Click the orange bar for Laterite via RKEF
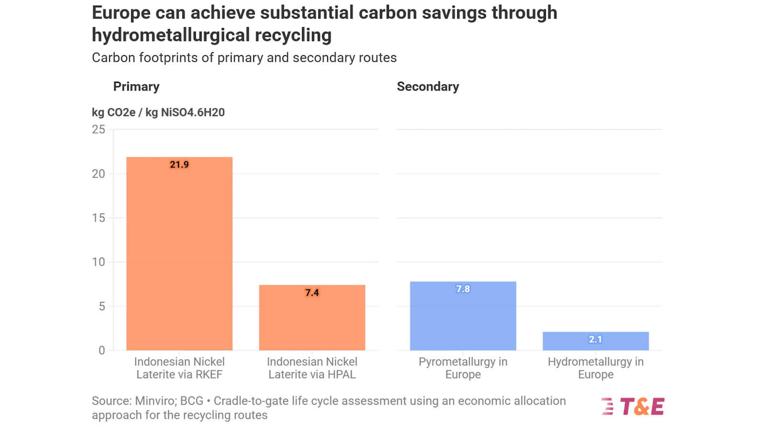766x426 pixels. (x=179, y=254)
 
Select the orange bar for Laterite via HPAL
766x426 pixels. (x=312, y=318)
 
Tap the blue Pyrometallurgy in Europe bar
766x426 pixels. (x=462, y=316)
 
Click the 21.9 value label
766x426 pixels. (x=179, y=165)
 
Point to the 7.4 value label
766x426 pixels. (x=312, y=292)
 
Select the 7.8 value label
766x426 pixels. (x=462, y=289)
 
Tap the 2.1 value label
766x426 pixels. (x=595, y=339)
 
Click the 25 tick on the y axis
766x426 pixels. (x=99, y=130)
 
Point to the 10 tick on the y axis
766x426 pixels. (x=99, y=262)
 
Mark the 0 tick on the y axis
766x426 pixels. (x=101, y=350)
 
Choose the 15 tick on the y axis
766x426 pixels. (x=99, y=218)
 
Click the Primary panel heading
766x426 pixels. (x=136, y=87)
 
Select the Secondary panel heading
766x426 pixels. (x=428, y=87)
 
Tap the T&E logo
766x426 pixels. (x=633, y=407)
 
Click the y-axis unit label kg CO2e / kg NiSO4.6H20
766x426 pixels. (x=158, y=112)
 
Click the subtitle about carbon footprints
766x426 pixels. (x=244, y=58)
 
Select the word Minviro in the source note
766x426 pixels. (x=154, y=401)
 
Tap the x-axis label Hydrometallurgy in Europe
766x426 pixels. (x=595, y=368)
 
